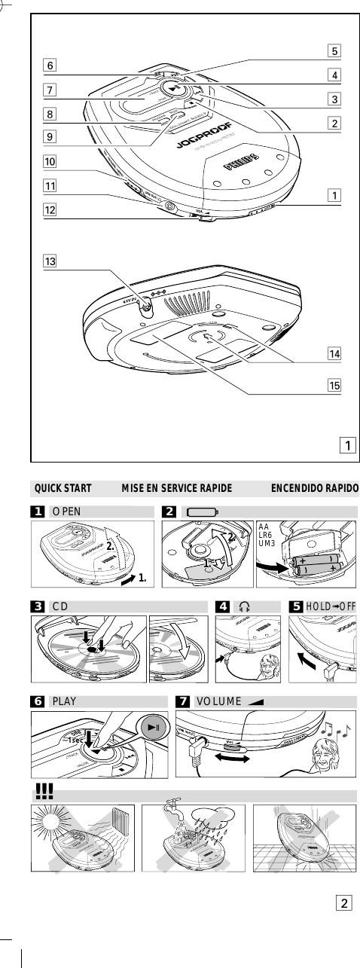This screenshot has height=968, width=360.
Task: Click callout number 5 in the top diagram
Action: (332, 53)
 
